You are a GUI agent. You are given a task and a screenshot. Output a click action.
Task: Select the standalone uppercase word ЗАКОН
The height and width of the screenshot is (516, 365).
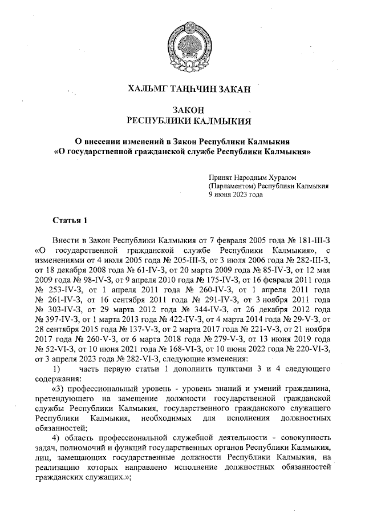(182, 110)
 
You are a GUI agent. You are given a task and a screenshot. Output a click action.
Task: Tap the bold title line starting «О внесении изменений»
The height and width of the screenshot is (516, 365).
(182, 142)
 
